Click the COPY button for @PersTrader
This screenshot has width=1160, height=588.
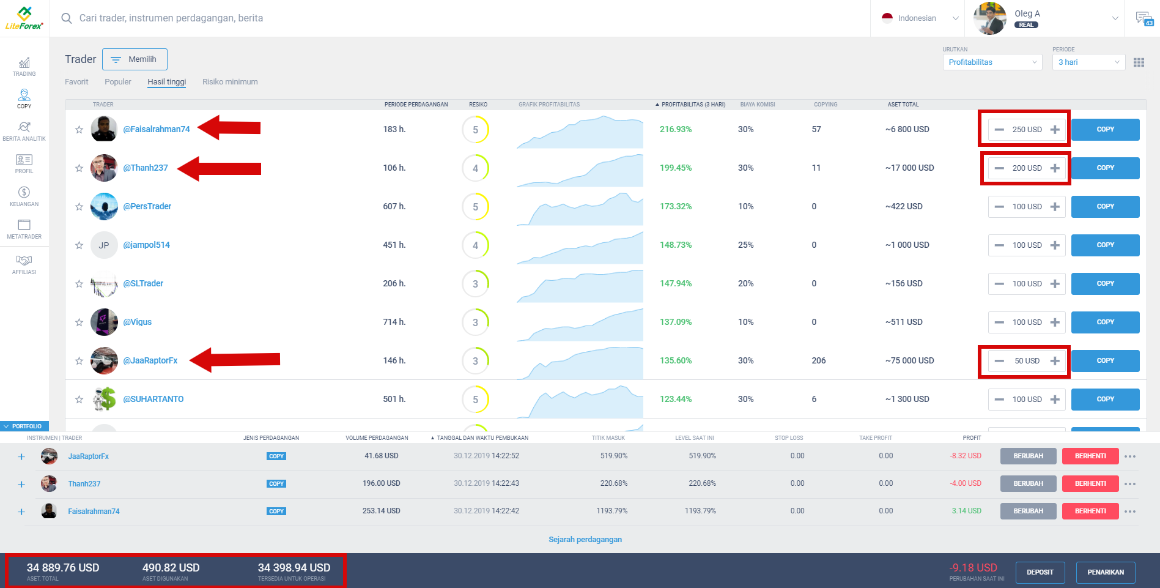point(1105,207)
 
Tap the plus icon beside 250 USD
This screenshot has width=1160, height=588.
point(1055,130)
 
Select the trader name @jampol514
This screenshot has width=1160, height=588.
point(146,245)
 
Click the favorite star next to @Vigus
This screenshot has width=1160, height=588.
point(79,322)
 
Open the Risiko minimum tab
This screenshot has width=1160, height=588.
point(230,82)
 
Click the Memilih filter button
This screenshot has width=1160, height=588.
point(135,59)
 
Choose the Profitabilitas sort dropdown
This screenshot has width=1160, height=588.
point(992,62)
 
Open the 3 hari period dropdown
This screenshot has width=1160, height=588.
point(1088,62)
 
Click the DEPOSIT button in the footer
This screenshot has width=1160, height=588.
point(1040,573)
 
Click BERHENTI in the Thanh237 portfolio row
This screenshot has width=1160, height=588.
point(1090,484)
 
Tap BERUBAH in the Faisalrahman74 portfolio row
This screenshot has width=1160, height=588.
point(1028,512)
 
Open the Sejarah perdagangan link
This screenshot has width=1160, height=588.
point(585,540)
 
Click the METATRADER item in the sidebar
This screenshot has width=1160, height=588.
point(24,229)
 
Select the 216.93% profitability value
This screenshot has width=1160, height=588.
point(675,130)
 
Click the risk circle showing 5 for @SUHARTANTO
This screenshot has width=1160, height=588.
point(475,400)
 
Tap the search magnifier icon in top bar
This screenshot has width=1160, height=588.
point(67,18)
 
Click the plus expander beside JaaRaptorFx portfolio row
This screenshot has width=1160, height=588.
point(21,456)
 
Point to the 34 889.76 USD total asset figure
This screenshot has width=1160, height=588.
point(63,568)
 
